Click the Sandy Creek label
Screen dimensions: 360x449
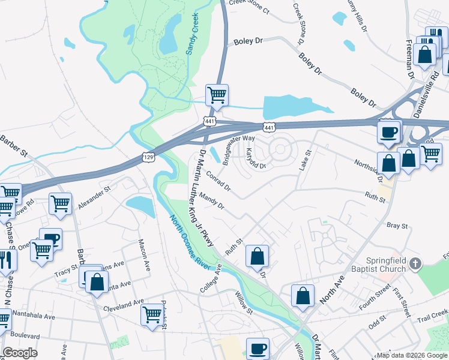click(192, 35)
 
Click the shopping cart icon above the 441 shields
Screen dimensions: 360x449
click(216, 94)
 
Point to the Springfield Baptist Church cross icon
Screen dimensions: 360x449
click(414, 263)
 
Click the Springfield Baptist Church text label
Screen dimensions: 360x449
click(387, 265)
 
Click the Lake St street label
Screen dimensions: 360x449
click(304, 160)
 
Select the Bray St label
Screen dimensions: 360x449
click(397, 226)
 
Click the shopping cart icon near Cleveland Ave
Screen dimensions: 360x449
click(152, 313)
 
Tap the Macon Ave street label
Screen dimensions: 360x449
click(143, 255)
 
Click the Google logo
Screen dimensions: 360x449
click(20, 352)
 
